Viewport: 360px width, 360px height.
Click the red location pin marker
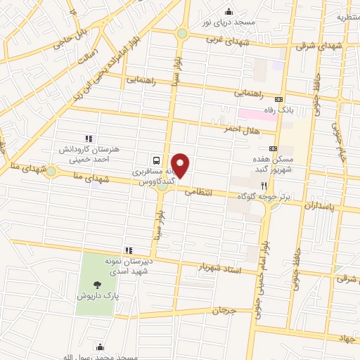(181, 165)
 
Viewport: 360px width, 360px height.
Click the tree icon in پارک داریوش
(96, 285)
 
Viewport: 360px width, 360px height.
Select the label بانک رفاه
(295, 110)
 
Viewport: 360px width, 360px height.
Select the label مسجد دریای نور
(229, 23)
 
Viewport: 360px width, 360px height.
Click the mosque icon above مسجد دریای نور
(229, 11)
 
